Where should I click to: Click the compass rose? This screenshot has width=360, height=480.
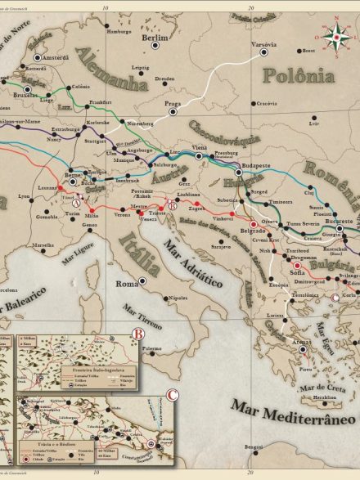335,35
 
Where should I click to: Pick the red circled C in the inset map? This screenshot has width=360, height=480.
172,395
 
